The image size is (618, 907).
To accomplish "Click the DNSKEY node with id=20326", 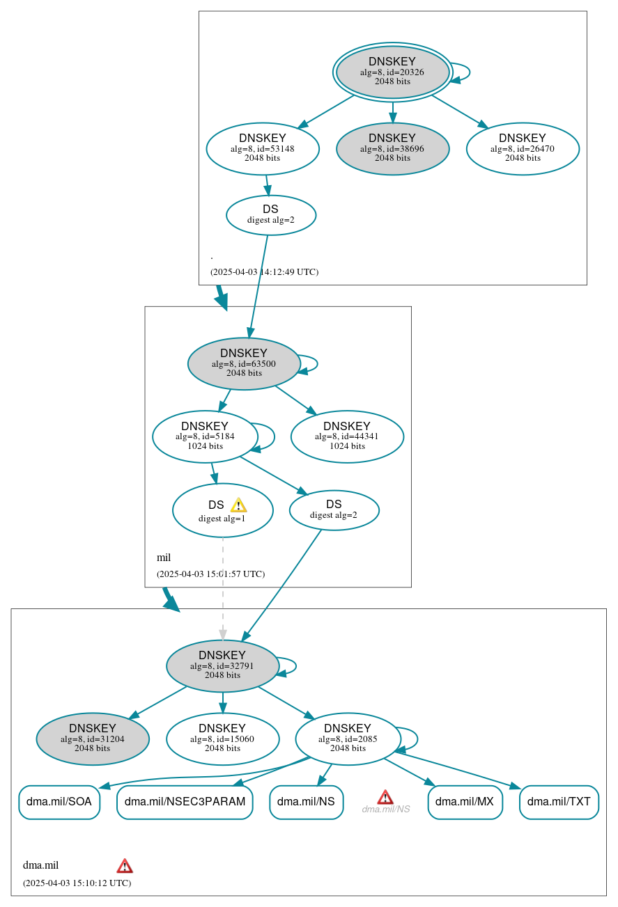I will click(392, 72).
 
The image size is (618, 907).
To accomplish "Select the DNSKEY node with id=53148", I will click(263, 148).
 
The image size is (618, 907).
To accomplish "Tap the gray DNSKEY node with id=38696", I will click(392, 148).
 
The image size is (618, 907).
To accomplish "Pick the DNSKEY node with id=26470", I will click(523, 148).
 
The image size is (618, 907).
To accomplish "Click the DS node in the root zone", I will click(270, 215).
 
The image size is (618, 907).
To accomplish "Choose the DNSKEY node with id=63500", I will click(244, 363).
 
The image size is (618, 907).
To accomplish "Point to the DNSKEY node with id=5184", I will click(205, 436).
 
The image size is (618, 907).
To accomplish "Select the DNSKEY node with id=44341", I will click(347, 436).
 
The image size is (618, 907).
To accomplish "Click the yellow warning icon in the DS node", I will click(238, 505).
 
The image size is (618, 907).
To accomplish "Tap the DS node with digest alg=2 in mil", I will click(334, 510).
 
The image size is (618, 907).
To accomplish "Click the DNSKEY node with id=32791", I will click(222, 665).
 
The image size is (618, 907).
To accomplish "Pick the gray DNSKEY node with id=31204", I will click(93, 739).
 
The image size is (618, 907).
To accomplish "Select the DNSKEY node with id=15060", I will click(222, 739).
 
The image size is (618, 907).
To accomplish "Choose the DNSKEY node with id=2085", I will click(348, 739).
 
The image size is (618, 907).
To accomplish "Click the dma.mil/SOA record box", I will click(59, 802).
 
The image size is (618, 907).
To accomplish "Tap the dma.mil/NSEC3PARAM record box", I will click(185, 802).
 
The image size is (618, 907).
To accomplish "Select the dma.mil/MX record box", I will click(465, 802).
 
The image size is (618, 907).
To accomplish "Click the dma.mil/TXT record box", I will click(559, 802).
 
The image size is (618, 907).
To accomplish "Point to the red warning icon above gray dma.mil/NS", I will click(385, 797).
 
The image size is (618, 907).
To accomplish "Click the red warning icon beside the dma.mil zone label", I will click(125, 866).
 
